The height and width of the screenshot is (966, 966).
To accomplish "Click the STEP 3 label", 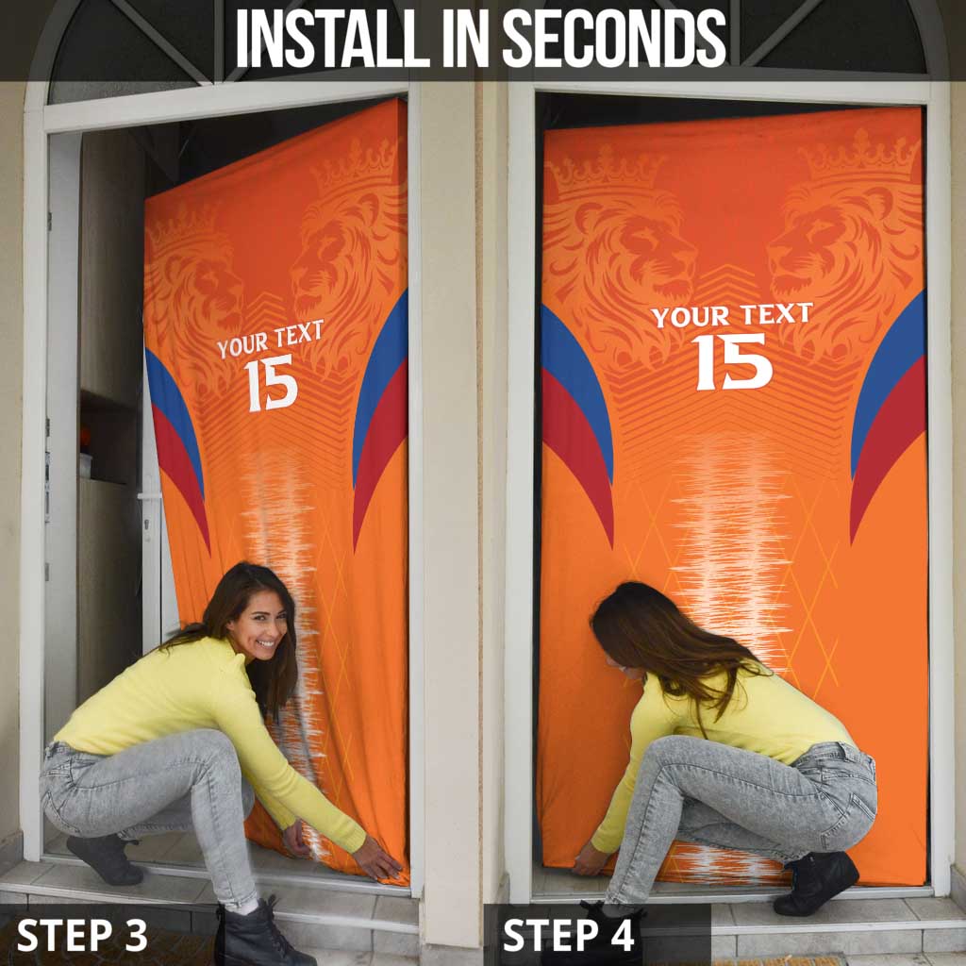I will pyautogui.click(x=82, y=935).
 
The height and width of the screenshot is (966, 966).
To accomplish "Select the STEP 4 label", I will pyautogui.click(x=568, y=935).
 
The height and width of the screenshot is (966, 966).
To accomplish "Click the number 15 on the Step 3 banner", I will pyautogui.click(x=271, y=382).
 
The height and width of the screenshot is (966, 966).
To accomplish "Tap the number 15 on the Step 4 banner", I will pyautogui.click(x=733, y=360).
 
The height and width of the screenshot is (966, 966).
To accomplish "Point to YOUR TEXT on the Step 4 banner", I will pyautogui.click(x=732, y=315).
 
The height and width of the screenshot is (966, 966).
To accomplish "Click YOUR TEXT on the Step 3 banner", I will pyautogui.click(x=270, y=339).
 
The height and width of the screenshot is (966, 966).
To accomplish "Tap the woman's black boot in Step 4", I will pyautogui.click(x=816, y=882).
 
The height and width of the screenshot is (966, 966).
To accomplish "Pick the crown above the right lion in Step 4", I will pyautogui.click(x=858, y=156).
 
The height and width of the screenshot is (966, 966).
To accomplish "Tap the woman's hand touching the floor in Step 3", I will pyautogui.click(x=377, y=860).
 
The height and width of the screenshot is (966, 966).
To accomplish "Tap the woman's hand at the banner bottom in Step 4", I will pyautogui.click(x=591, y=859).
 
